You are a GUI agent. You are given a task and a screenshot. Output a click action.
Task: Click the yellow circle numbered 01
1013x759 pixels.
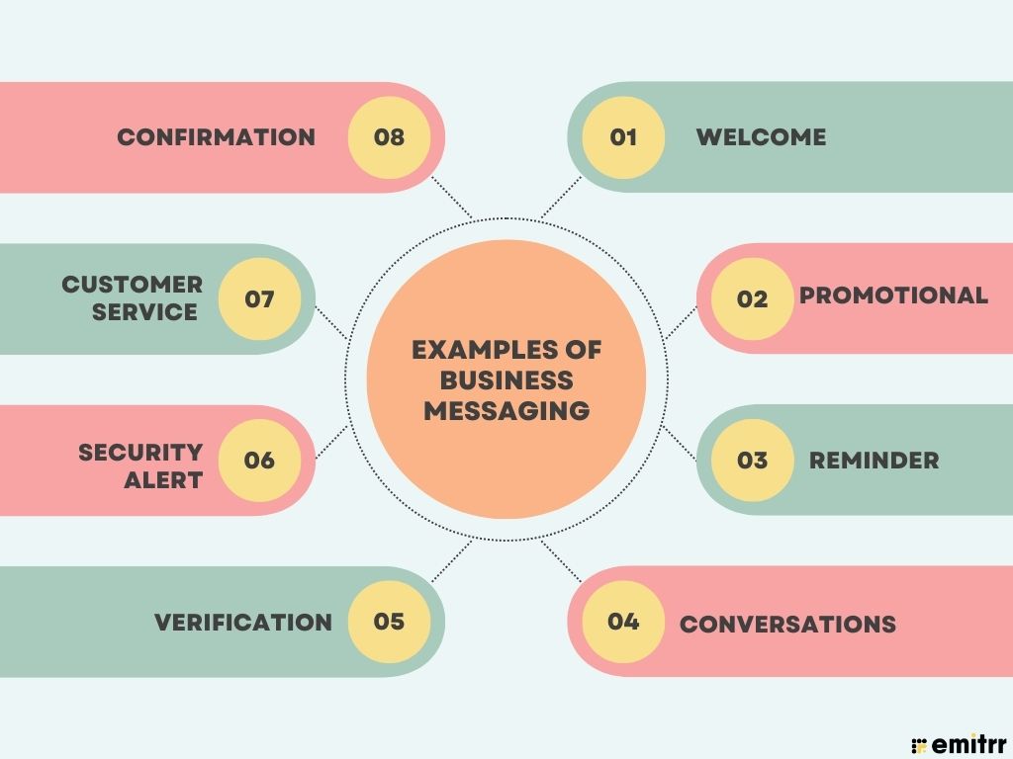[623, 137]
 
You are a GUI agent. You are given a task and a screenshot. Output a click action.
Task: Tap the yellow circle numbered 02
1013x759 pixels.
[752, 298]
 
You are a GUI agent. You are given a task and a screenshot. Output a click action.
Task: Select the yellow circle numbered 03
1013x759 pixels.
[752, 461]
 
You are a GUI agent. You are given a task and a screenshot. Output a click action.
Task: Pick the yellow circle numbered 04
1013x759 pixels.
[623, 622]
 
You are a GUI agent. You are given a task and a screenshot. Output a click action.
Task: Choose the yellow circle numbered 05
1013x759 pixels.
[389, 622]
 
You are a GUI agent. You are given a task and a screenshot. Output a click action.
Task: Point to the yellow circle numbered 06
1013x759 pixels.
[259, 461]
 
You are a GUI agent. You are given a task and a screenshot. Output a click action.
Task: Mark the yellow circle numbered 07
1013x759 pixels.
[259, 298]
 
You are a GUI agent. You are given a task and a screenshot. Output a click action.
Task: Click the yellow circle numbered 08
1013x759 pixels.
[389, 137]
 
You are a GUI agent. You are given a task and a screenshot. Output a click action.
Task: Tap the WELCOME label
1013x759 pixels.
[761, 136]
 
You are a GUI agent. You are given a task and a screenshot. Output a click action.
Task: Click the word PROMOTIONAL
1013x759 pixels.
[893, 295]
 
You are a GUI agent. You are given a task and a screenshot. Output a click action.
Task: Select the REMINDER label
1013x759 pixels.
[875, 461]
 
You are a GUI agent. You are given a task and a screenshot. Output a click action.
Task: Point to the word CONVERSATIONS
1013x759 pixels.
[787, 625]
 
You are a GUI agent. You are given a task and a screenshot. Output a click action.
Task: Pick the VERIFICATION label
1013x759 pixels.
[243, 623]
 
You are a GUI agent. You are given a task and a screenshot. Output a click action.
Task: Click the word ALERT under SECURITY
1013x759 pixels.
[163, 480]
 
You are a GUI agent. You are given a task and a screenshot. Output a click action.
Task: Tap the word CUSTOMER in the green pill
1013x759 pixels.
[133, 284]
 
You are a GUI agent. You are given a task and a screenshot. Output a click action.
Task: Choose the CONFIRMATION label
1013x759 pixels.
[217, 136]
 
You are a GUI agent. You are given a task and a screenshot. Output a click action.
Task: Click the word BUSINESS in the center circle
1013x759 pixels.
[506, 380]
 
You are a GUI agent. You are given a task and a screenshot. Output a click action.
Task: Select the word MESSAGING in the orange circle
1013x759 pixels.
[506, 410]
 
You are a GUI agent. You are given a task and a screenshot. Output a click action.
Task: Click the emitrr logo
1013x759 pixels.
[959, 743]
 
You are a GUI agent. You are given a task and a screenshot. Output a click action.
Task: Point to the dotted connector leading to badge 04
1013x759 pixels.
[561, 561]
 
